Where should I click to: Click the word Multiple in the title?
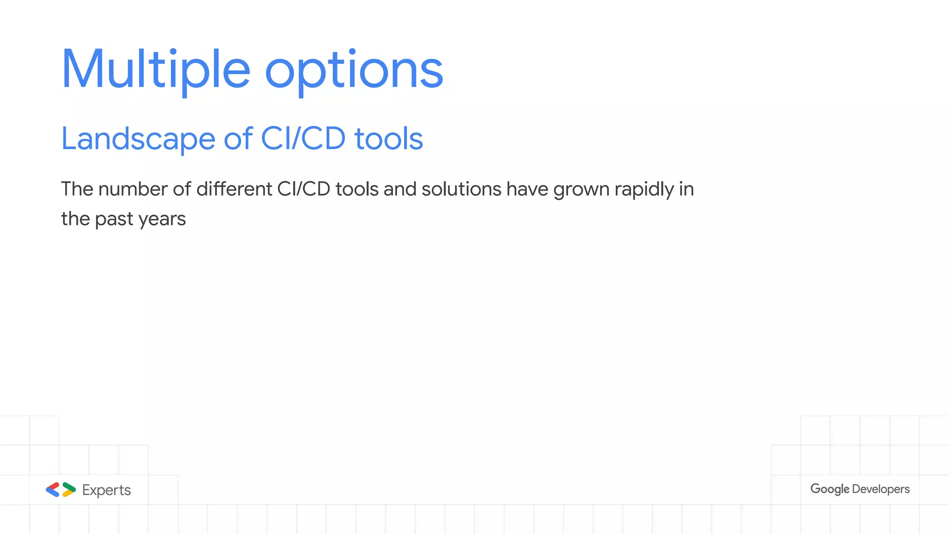[x=156, y=70]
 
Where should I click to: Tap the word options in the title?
[x=354, y=70]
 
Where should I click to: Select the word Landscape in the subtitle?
[x=138, y=139]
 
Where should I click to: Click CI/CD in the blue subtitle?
[x=303, y=139]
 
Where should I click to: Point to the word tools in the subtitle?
[x=388, y=139]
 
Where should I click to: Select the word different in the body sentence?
[x=234, y=189]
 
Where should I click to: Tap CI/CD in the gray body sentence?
[x=304, y=189]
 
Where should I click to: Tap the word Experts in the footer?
[x=107, y=490]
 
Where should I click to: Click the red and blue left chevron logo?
[x=53, y=489]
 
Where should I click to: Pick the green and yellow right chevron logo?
[x=69, y=489]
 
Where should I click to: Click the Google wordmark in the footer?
[x=829, y=489]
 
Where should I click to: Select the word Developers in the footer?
[x=880, y=489]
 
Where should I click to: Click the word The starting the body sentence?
[x=77, y=189]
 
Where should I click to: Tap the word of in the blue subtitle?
[x=238, y=139]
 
